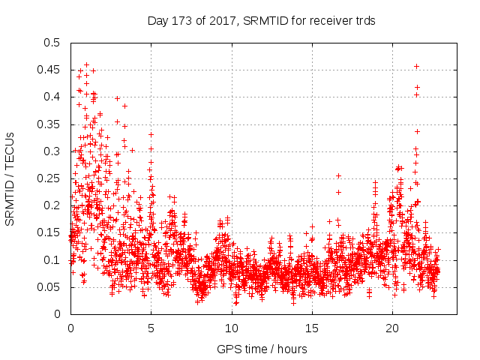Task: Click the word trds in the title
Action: (365, 22)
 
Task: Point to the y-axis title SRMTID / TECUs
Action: (10, 178)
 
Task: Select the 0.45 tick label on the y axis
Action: (50, 70)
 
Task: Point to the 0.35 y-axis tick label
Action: (50, 124)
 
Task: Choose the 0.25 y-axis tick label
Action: (50, 178)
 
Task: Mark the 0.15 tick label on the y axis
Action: (50, 232)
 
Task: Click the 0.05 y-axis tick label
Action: (50, 287)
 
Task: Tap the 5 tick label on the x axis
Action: (151, 328)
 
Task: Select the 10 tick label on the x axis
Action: (231, 328)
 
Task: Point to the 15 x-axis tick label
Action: (311, 328)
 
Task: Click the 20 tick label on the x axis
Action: (391, 328)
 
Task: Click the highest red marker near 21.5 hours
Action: (416, 67)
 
